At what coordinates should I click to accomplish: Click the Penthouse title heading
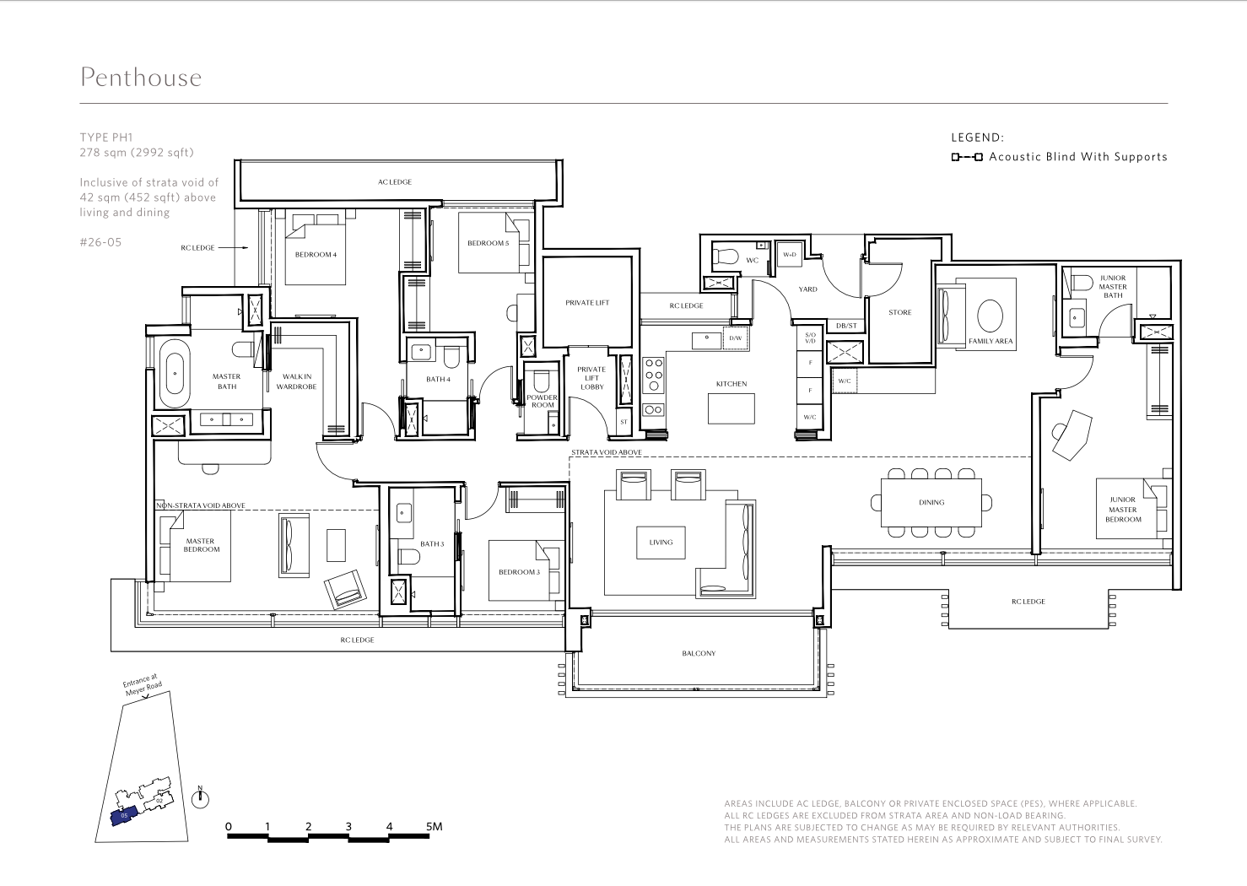point(141,78)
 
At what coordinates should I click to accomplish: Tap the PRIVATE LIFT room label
point(587,303)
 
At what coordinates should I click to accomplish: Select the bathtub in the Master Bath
point(175,374)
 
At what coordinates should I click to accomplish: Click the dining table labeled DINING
point(931,503)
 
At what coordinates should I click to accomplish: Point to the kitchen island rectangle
point(731,408)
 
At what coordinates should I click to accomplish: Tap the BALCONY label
point(699,653)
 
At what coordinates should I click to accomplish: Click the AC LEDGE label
point(395,182)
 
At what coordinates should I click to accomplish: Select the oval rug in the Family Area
point(990,316)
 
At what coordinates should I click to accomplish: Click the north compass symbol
point(201,799)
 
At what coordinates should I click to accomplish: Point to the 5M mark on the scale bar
point(434,826)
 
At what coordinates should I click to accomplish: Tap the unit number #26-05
point(100,242)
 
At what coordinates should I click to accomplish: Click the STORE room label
point(900,312)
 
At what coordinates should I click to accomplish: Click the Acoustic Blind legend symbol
point(967,158)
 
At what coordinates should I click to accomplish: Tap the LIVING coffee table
point(661,543)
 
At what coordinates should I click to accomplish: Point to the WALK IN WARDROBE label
point(297,381)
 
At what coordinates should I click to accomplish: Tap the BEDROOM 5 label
point(489,243)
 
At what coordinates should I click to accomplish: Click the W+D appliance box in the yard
point(790,255)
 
